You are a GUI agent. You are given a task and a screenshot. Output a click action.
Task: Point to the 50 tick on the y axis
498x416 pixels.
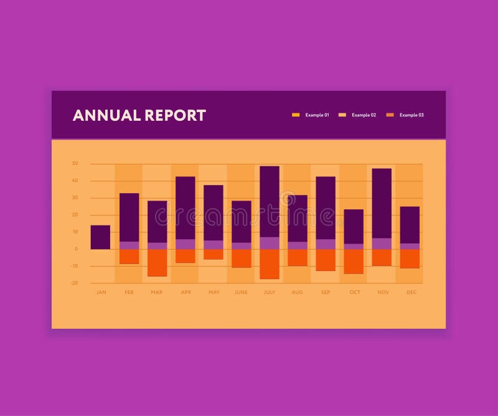pyautogui.click(x=75, y=164)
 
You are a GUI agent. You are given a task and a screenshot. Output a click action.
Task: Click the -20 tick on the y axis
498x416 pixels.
pyautogui.click(x=75, y=283)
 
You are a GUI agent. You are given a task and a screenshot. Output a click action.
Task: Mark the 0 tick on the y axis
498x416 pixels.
pyautogui.click(x=76, y=249)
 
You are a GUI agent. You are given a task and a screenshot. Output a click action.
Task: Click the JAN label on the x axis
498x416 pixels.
pyautogui.click(x=101, y=292)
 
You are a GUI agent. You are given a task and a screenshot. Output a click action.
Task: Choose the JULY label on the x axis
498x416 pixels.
pyautogui.click(x=270, y=292)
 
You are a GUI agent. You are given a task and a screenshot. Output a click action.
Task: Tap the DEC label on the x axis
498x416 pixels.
pyautogui.click(x=411, y=292)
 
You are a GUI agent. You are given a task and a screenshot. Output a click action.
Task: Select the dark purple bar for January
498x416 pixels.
pyautogui.click(x=100, y=237)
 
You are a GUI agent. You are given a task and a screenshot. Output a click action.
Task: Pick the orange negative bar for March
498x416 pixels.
pyautogui.click(x=157, y=262)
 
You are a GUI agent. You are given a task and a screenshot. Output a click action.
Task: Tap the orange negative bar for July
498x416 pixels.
pyautogui.click(x=270, y=264)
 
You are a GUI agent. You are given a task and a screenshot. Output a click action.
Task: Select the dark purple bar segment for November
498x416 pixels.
pyautogui.click(x=382, y=203)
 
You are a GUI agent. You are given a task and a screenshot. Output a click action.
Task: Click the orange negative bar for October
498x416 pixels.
pyautogui.click(x=354, y=262)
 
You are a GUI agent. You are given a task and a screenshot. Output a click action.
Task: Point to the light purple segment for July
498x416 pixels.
pyautogui.click(x=270, y=243)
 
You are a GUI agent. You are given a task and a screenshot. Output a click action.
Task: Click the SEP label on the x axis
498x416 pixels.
pyautogui.click(x=326, y=292)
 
